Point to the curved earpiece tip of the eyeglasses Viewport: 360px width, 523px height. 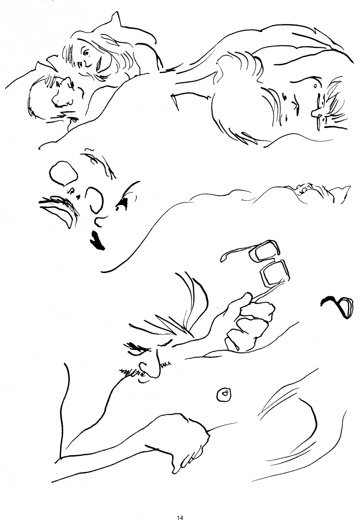tap(224, 256)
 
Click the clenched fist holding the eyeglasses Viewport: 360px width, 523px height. tap(248, 326)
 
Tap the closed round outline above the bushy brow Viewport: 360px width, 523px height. tap(63, 173)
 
